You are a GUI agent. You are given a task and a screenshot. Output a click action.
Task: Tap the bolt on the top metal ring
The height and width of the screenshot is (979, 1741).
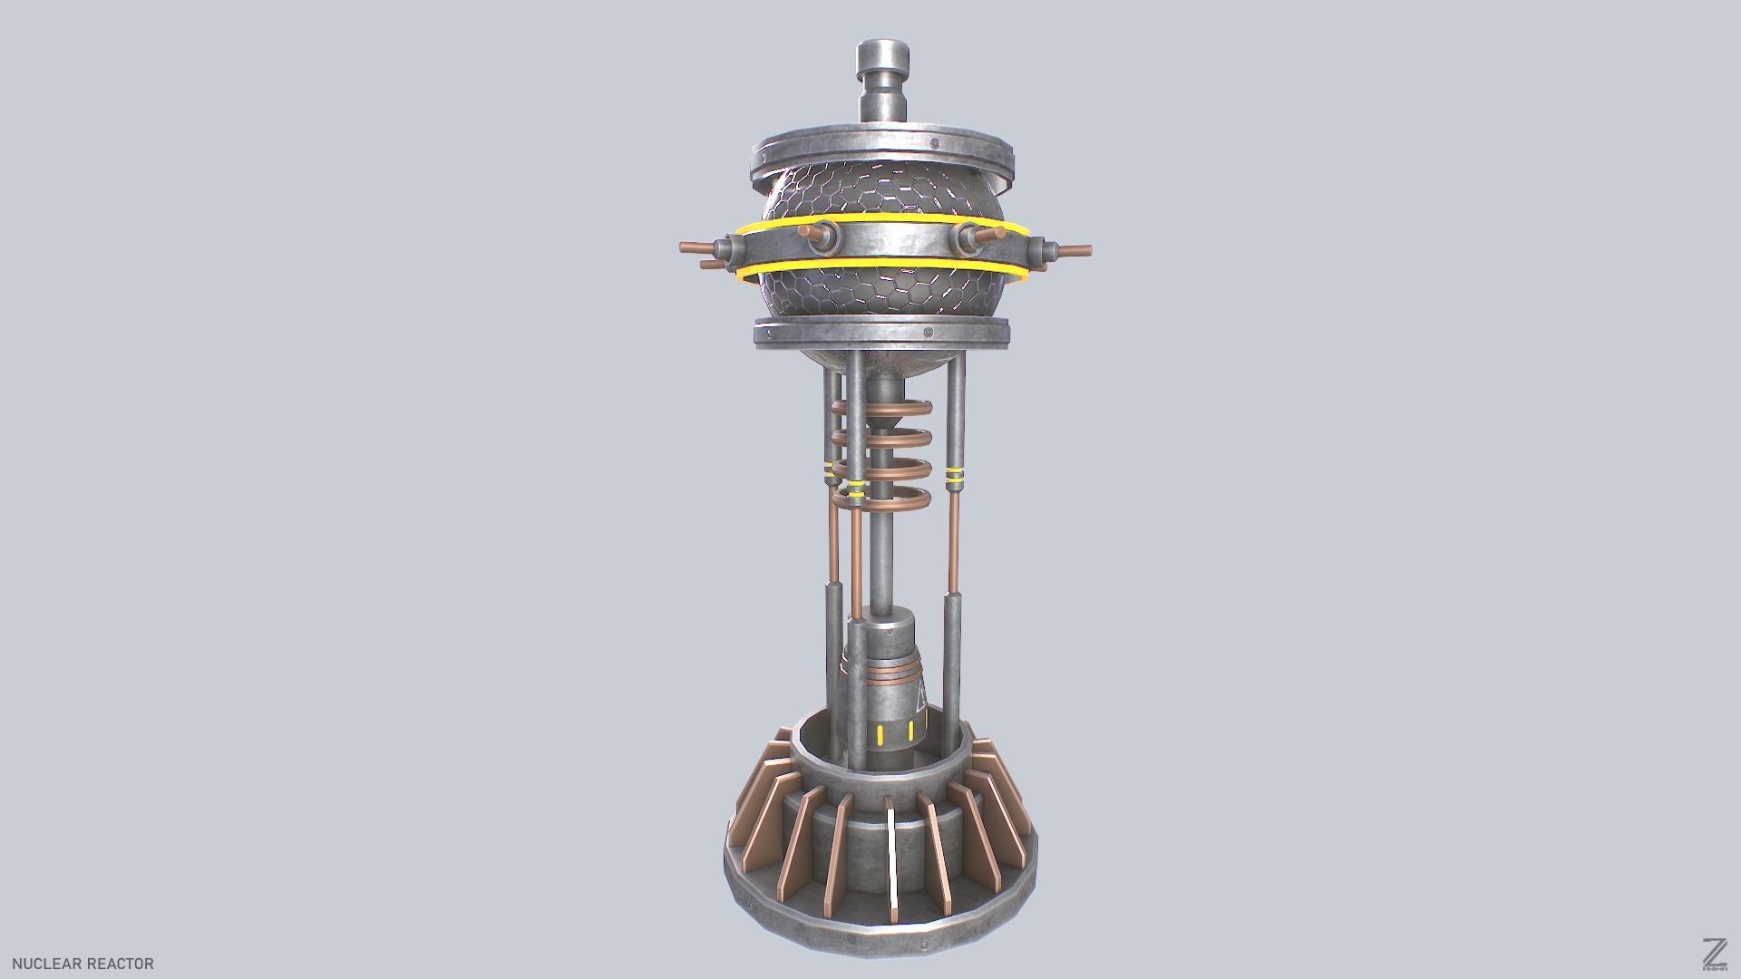tap(932, 143)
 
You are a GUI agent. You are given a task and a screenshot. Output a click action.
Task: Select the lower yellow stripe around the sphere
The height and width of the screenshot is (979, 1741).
tap(884, 268)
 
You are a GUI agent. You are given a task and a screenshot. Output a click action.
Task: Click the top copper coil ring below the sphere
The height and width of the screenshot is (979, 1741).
tap(884, 409)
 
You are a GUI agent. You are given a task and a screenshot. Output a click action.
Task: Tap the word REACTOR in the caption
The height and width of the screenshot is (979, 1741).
tap(121, 964)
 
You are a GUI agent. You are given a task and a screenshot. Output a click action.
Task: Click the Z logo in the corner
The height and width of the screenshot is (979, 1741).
tap(1714, 953)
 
